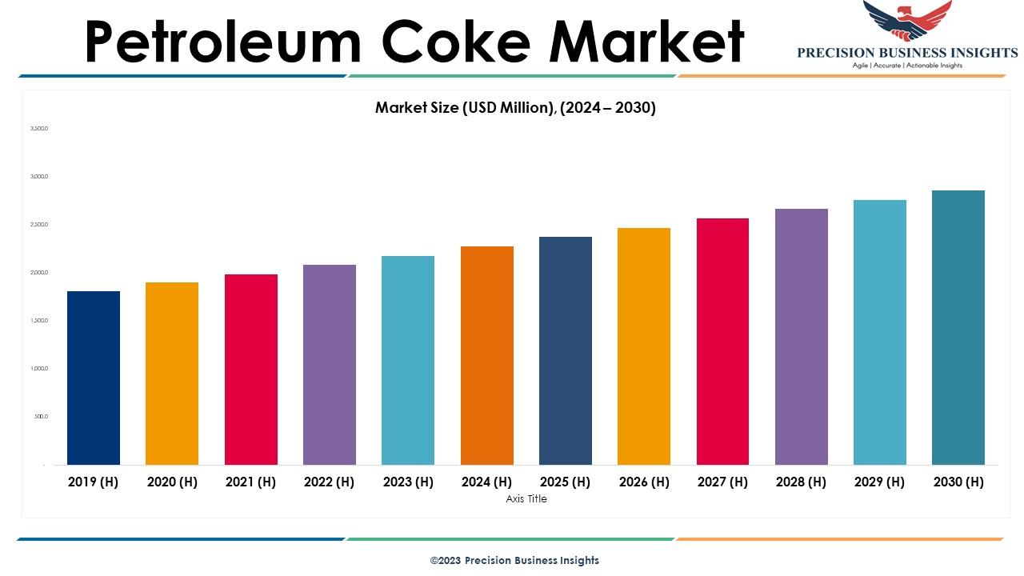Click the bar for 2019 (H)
[94, 378]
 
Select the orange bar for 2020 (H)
[172, 373]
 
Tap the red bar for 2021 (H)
[251, 369]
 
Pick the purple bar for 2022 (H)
[330, 364]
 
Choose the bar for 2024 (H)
[487, 355]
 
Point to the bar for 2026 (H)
[644, 346]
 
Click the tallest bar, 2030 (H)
[958, 327]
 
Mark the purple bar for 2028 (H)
[802, 336]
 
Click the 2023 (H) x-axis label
[408, 482]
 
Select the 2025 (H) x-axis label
[565, 482]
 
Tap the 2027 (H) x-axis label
[722, 482]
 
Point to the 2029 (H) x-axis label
[879, 482]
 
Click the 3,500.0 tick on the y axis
[39, 128]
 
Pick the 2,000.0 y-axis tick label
[39, 273]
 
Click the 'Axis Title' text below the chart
[526, 499]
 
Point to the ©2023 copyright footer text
[514, 561]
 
